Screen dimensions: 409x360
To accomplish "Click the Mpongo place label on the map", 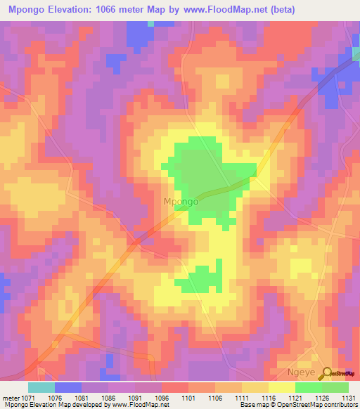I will [x=181, y=202].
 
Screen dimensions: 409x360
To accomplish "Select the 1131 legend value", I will [x=349, y=398].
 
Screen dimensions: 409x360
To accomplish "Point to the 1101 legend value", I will [x=188, y=398].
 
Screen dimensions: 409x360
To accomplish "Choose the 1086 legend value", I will [x=108, y=398].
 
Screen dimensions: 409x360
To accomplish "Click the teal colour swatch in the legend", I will [x=41, y=387].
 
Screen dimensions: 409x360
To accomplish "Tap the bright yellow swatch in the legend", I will [x=281, y=387].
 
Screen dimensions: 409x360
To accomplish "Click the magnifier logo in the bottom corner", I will [x=328, y=373].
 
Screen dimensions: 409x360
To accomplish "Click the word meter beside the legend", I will [x=11, y=398].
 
